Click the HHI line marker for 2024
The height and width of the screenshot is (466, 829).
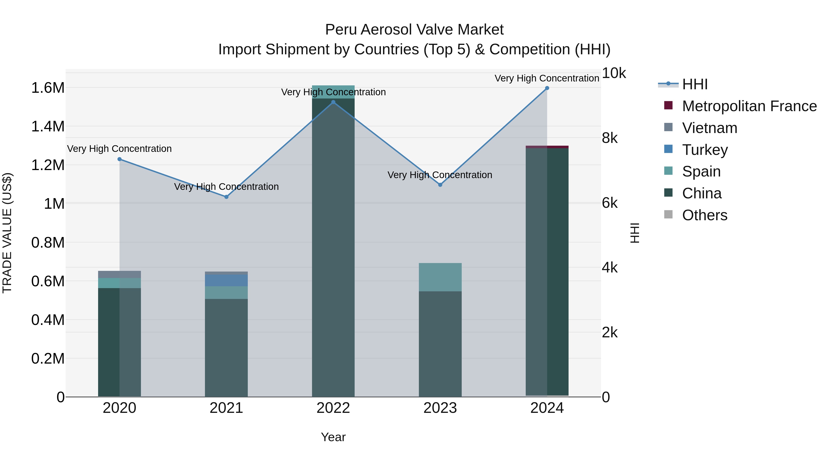click(x=547, y=88)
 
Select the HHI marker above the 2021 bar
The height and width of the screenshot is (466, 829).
click(x=226, y=197)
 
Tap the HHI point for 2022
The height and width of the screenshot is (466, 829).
click(x=333, y=102)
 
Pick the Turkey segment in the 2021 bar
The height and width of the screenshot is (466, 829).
click(x=226, y=280)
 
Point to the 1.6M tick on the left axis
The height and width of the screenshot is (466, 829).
click(x=48, y=88)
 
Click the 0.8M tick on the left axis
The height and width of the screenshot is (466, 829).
click(x=48, y=243)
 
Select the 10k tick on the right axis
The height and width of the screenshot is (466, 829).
click(x=613, y=73)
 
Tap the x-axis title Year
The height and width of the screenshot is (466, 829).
click(x=333, y=437)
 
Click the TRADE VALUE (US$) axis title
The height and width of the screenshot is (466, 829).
click(x=7, y=233)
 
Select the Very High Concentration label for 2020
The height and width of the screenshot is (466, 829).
click(x=119, y=149)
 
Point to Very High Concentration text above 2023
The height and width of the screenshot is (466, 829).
click(x=440, y=175)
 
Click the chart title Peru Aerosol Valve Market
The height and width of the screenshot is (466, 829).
click(x=414, y=30)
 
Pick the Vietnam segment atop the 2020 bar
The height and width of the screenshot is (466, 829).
click(x=119, y=274)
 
